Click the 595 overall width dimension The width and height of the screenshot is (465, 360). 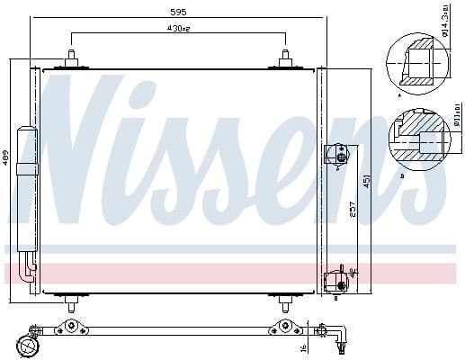coord(178,13)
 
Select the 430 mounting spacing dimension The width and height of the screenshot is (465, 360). coord(179,30)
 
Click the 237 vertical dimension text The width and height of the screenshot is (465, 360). coord(351,209)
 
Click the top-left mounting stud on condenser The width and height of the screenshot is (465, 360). coord(71,58)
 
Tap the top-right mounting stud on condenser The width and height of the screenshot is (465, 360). coord(285,58)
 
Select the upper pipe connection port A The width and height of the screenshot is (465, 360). coord(338,153)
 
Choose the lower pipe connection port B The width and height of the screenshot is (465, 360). coord(338,278)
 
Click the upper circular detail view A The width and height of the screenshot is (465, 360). coord(416,61)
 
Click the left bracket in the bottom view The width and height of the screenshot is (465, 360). coord(71,327)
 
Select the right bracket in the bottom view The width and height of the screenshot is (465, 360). coord(285,327)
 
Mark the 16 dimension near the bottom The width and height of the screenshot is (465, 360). coord(305,347)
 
